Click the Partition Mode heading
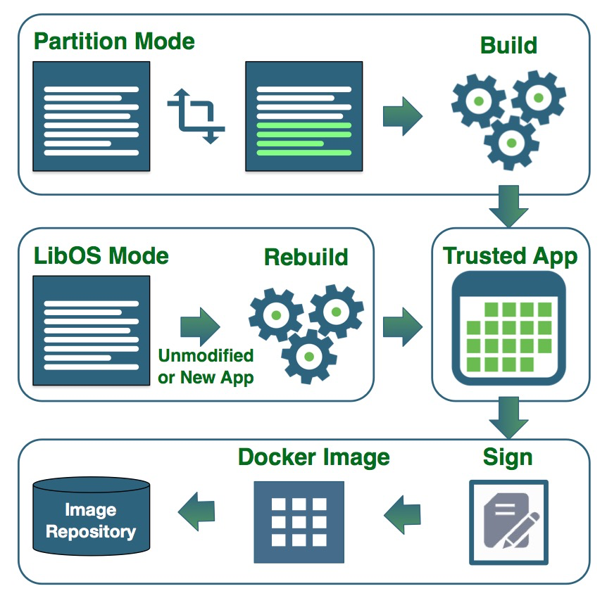(x=114, y=41)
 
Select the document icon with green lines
(x=303, y=116)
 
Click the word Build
(x=508, y=46)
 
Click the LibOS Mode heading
(x=101, y=255)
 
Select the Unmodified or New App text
(x=206, y=366)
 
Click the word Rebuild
(x=306, y=257)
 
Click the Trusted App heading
(x=510, y=256)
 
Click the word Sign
(x=508, y=458)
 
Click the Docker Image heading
(x=313, y=457)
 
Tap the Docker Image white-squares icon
(x=299, y=521)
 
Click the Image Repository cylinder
(x=92, y=519)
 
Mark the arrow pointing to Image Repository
(x=196, y=513)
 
